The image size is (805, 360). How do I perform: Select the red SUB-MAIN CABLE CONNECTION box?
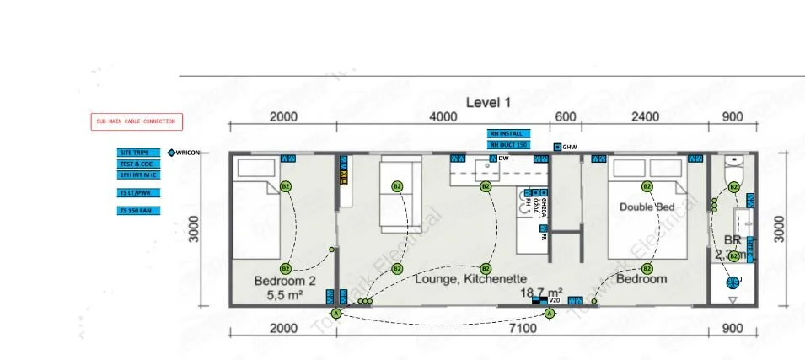(136, 121)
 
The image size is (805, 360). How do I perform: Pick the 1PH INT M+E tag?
(138, 175)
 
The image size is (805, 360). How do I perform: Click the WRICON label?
(187, 153)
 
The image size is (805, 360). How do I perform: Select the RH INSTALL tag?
(511, 133)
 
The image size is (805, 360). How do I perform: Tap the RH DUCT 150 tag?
(511, 145)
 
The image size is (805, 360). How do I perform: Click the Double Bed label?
(645, 207)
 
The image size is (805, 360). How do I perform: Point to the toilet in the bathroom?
(733, 168)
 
